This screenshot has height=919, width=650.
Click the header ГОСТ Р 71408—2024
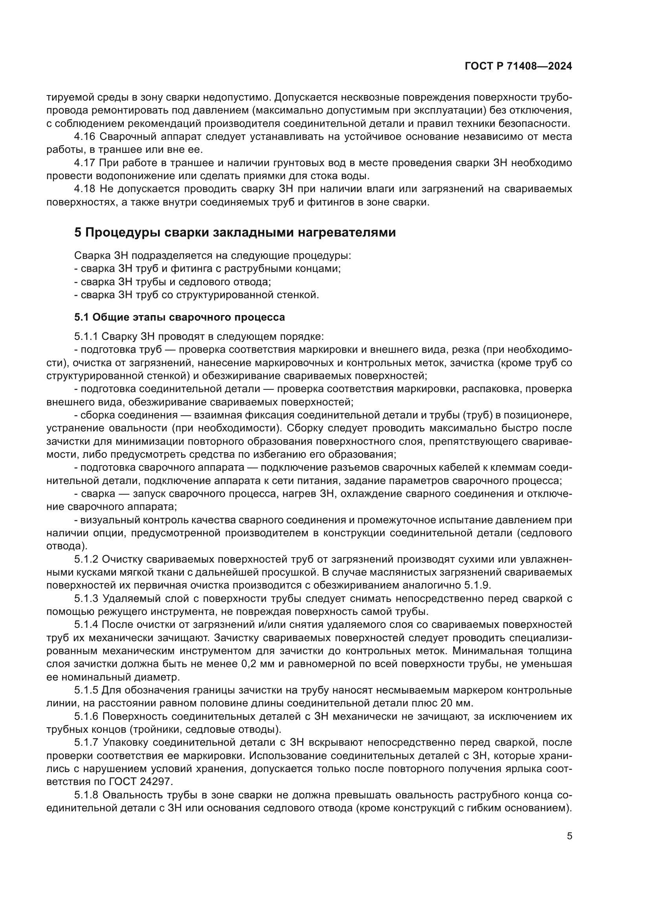click(518, 66)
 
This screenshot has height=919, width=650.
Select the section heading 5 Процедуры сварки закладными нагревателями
click(235, 233)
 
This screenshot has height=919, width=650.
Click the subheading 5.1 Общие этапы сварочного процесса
click(179, 317)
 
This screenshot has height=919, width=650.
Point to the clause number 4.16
click(84, 136)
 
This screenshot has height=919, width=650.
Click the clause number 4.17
click(84, 163)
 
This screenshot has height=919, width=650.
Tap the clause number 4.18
click(84, 189)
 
